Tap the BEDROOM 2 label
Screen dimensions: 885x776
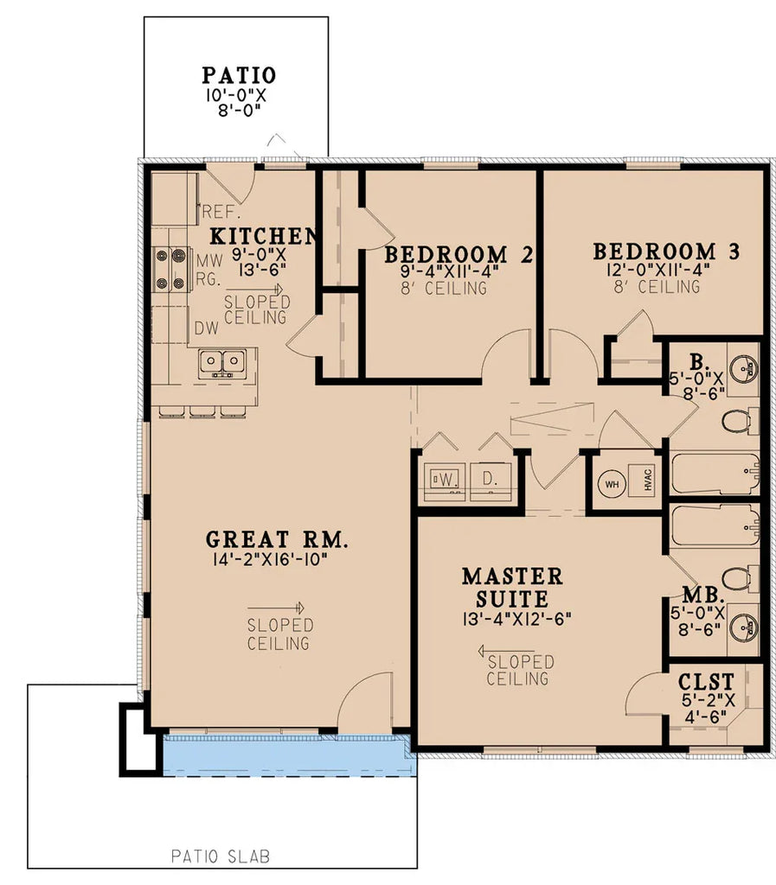pyautogui.click(x=458, y=255)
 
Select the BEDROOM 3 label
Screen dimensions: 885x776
pyautogui.click(x=666, y=251)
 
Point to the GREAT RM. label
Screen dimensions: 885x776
pyautogui.click(x=277, y=540)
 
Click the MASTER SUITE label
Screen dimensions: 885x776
pyautogui.click(x=511, y=587)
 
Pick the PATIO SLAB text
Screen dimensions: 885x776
pyautogui.click(x=220, y=857)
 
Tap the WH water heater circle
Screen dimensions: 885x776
pyautogui.click(x=612, y=483)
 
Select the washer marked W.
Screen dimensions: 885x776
pyautogui.click(x=444, y=478)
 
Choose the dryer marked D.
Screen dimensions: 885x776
pyautogui.click(x=489, y=478)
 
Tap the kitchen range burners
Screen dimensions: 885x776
pyautogui.click(x=170, y=269)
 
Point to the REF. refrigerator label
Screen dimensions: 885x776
pyautogui.click(x=221, y=212)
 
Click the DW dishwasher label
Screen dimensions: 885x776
pyautogui.click(x=206, y=328)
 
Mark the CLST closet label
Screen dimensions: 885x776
pyautogui.click(x=706, y=681)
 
